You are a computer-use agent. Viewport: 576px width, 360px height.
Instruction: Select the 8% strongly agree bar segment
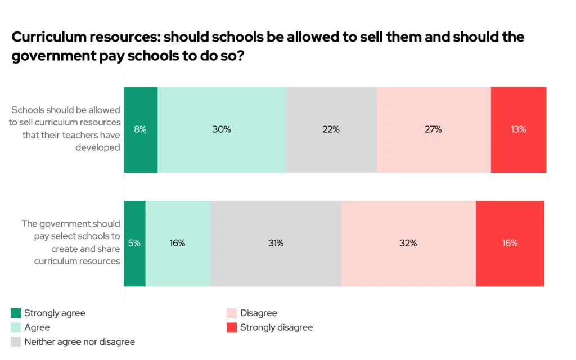coord(141,129)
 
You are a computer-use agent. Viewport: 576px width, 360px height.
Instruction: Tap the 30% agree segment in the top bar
coord(222,129)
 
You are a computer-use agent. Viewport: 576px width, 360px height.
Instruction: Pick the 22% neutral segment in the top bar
coord(331,129)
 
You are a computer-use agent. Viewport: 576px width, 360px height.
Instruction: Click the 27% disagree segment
coord(434,129)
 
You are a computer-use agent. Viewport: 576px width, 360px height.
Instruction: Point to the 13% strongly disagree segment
coord(518,129)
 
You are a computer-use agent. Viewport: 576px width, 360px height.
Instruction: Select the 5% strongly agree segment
coord(134,244)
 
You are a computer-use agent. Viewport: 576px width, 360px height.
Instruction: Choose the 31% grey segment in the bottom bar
coord(276,244)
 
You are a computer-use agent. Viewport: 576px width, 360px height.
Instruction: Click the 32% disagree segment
coord(408,244)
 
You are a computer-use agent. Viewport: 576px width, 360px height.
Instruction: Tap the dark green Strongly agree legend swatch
coord(16,313)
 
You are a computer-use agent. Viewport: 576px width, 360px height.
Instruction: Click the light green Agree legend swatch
coord(16,327)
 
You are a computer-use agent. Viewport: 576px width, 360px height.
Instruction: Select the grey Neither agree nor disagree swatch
coord(16,342)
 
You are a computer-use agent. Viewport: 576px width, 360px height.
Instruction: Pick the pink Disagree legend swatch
coord(231,313)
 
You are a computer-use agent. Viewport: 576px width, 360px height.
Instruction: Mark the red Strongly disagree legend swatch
coord(231,327)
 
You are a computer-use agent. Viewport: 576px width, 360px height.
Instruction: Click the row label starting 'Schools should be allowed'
coord(65,129)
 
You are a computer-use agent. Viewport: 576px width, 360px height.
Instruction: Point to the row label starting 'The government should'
coord(71,242)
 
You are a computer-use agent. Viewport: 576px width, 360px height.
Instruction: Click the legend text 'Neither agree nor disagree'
coord(79,342)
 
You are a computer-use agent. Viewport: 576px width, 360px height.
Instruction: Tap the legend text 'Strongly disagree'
coord(276,327)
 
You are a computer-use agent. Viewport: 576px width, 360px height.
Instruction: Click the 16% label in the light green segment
coord(178,244)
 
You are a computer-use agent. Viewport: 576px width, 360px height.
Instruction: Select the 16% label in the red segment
coord(510,244)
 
